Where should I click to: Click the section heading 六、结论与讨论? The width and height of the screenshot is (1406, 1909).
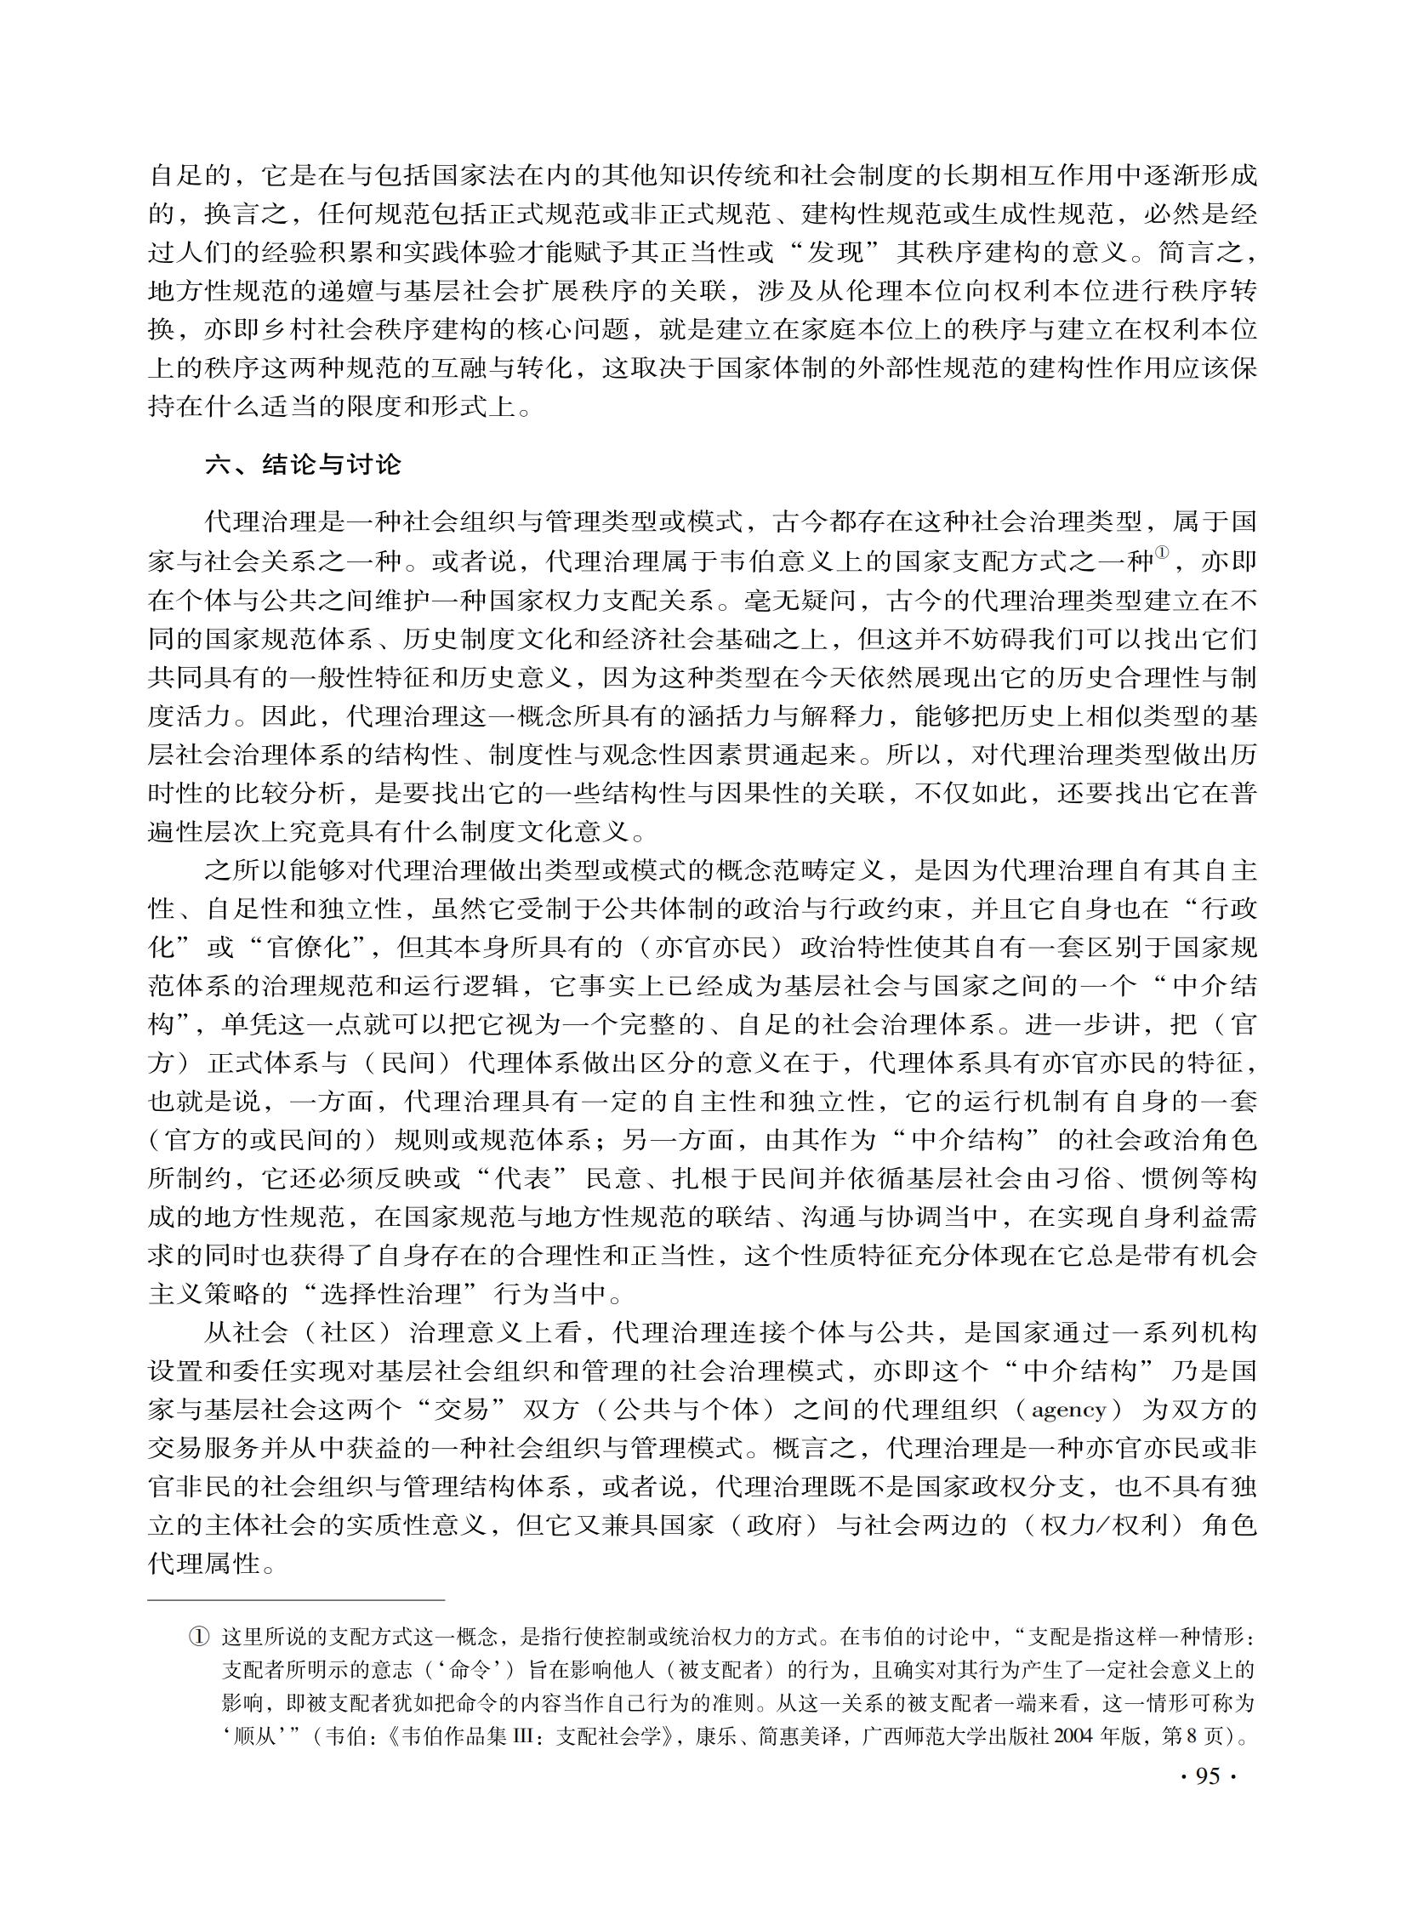[303, 464]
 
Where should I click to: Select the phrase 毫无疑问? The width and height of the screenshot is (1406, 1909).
[801, 601]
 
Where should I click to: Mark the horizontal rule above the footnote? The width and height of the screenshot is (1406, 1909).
[296, 1600]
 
